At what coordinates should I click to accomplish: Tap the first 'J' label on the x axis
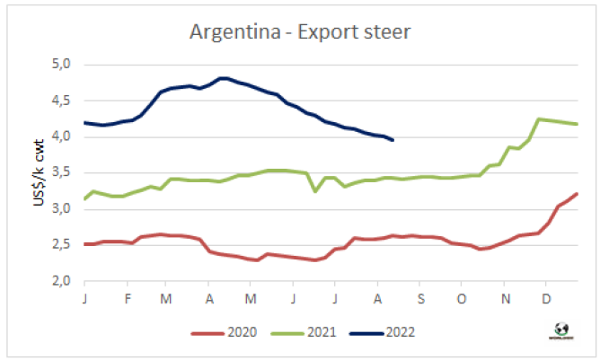tap(84, 297)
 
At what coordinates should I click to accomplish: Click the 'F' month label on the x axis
tap(127, 297)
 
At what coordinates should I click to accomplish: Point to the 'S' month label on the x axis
tap(419, 297)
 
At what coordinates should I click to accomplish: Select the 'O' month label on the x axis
tap(461, 297)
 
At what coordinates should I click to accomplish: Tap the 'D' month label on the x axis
tap(545, 297)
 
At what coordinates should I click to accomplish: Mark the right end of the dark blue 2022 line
tap(393, 139)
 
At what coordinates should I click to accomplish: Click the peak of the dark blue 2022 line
tap(224, 78)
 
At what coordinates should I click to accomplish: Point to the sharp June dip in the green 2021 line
tap(315, 190)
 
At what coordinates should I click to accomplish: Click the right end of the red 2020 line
tap(577, 194)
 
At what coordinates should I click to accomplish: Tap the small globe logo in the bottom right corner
tap(563, 328)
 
